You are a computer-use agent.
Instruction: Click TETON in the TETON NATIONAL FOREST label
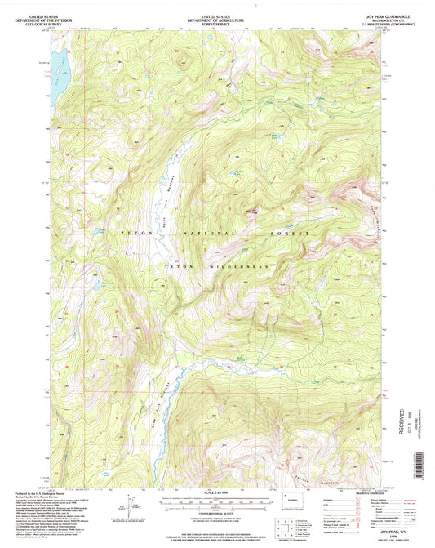pos(132,234)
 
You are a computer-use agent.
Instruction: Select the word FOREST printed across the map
pos(290,234)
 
